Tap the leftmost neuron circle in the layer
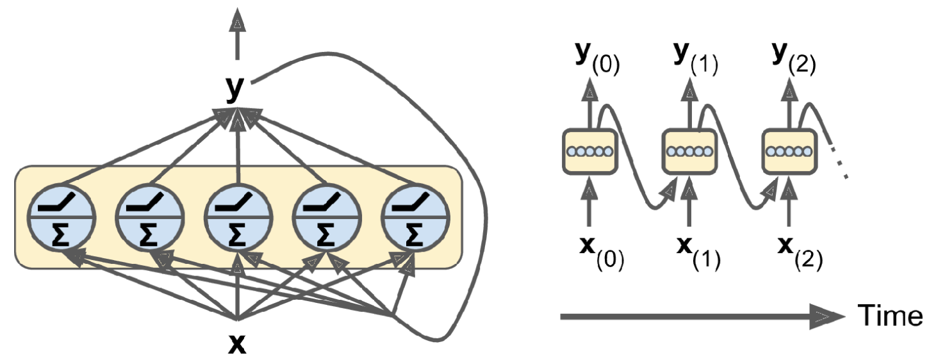(x=62, y=217)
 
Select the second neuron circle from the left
(x=150, y=217)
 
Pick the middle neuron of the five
(x=238, y=217)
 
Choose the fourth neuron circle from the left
(x=327, y=217)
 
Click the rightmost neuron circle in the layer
(x=415, y=217)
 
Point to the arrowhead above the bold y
(x=238, y=21)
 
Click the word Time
(x=890, y=316)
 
